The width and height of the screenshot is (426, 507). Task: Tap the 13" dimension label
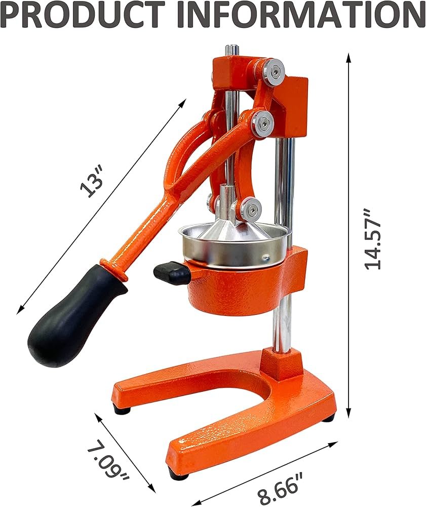[x=91, y=185]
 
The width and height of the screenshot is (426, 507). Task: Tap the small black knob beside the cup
[x=172, y=272]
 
